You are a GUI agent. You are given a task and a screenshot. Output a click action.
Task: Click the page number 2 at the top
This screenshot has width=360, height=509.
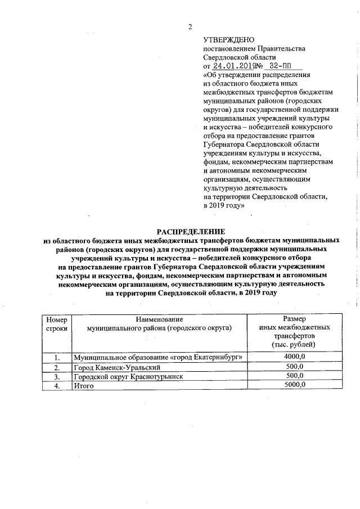pos(190,27)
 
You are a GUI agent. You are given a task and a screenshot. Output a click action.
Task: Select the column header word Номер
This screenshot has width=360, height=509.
pos(56,319)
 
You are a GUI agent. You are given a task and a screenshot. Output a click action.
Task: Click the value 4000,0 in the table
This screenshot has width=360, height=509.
pos(294,357)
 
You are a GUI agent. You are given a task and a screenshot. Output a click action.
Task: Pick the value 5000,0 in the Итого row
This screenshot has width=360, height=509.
pos(294,385)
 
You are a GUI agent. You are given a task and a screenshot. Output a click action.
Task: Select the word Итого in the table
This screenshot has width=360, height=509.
pos(83,386)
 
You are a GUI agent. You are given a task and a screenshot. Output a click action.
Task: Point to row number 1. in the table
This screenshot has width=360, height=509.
pos(56,357)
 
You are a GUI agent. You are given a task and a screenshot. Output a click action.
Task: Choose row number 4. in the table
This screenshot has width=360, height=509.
pos(56,386)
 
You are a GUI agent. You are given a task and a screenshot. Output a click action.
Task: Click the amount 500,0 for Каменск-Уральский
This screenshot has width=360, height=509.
pos(295,366)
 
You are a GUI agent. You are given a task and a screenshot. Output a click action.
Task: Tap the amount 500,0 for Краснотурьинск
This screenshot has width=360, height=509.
pos(295,376)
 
